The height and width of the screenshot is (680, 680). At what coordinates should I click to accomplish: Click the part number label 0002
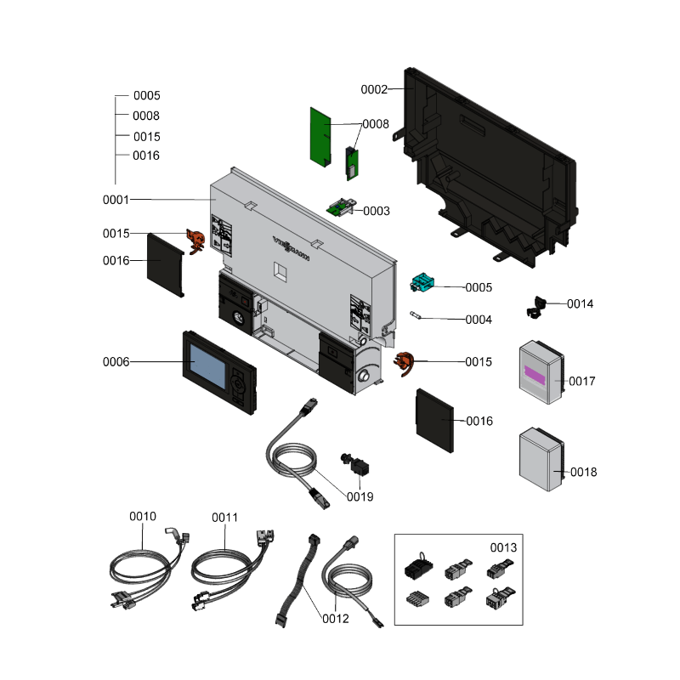pos(374,89)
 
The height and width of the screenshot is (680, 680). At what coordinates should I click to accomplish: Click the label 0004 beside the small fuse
pos(479,320)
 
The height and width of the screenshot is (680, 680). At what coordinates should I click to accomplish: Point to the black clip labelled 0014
pos(538,306)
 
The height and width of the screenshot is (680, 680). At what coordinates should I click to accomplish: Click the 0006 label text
pos(116,362)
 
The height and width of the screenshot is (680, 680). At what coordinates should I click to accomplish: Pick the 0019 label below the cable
pos(359,496)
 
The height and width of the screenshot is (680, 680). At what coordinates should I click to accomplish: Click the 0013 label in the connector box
pos(503,548)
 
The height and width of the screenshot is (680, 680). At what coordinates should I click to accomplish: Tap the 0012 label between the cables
pos(336,619)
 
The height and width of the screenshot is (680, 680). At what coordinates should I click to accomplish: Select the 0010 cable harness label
pos(143,516)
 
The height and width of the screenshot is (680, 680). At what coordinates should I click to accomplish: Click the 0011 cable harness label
pos(225,516)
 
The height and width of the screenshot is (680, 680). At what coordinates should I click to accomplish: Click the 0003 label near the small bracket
pos(377,211)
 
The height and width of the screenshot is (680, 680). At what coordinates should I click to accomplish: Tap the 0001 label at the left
pos(116,200)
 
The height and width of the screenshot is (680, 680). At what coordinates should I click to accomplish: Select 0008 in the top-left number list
pos(146,116)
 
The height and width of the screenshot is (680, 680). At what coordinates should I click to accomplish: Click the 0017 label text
pos(582,382)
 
